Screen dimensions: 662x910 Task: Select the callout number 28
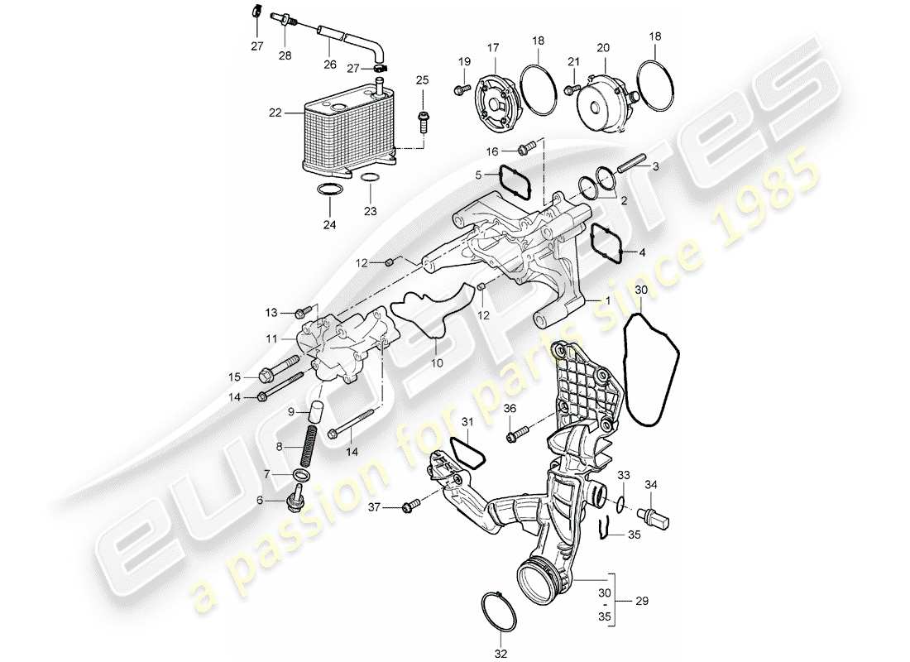click(285, 56)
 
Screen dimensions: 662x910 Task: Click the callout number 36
click(510, 409)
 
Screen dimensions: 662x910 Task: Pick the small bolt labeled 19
click(459, 89)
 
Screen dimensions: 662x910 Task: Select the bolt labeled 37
click(409, 506)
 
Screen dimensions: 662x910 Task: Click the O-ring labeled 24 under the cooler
click(329, 192)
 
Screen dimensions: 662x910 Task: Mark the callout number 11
click(272, 338)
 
